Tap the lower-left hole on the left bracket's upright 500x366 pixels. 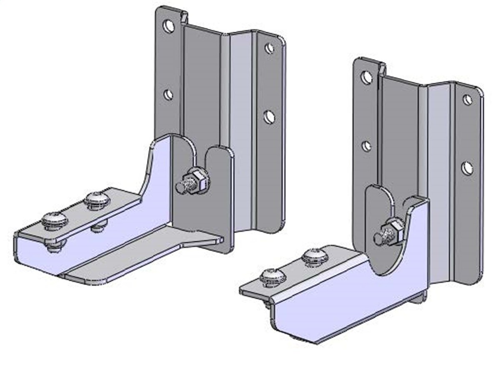168,95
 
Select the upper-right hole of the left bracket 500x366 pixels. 270,48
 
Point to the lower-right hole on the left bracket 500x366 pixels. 269,117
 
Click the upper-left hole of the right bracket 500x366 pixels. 366,78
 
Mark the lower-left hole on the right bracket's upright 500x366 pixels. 366,146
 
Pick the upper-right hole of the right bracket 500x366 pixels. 467,100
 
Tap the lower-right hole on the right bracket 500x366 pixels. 467,168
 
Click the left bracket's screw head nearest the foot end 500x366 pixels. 55,220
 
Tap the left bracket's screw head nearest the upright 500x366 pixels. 96,199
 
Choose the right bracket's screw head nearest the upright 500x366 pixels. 316,256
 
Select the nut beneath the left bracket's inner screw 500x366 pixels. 98,226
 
